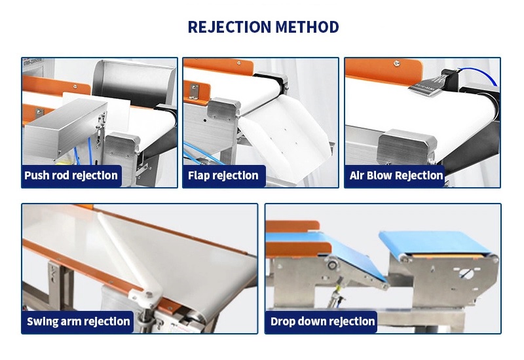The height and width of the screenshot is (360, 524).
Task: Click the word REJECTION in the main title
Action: coord(229,27)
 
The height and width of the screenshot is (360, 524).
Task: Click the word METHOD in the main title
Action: coord(307,27)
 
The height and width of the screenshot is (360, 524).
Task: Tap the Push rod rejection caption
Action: coord(71,175)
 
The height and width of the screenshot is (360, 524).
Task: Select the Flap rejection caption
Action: coord(223,175)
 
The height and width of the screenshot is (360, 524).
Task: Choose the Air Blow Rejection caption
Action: coord(396,175)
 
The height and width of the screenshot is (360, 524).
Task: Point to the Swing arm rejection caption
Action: coord(78,321)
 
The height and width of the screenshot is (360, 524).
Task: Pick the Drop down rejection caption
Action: coord(322,321)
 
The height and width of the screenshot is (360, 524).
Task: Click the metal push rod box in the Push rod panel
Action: coord(65,128)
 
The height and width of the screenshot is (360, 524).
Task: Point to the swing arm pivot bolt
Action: coord(148,295)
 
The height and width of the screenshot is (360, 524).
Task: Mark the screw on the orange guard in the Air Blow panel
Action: coord(396,63)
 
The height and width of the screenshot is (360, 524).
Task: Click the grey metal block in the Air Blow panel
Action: coord(407,146)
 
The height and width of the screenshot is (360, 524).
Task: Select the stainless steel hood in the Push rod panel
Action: coord(133,83)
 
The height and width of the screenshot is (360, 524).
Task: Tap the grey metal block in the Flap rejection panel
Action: coord(223,109)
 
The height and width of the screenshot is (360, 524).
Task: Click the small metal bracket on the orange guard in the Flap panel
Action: coord(194,92)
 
